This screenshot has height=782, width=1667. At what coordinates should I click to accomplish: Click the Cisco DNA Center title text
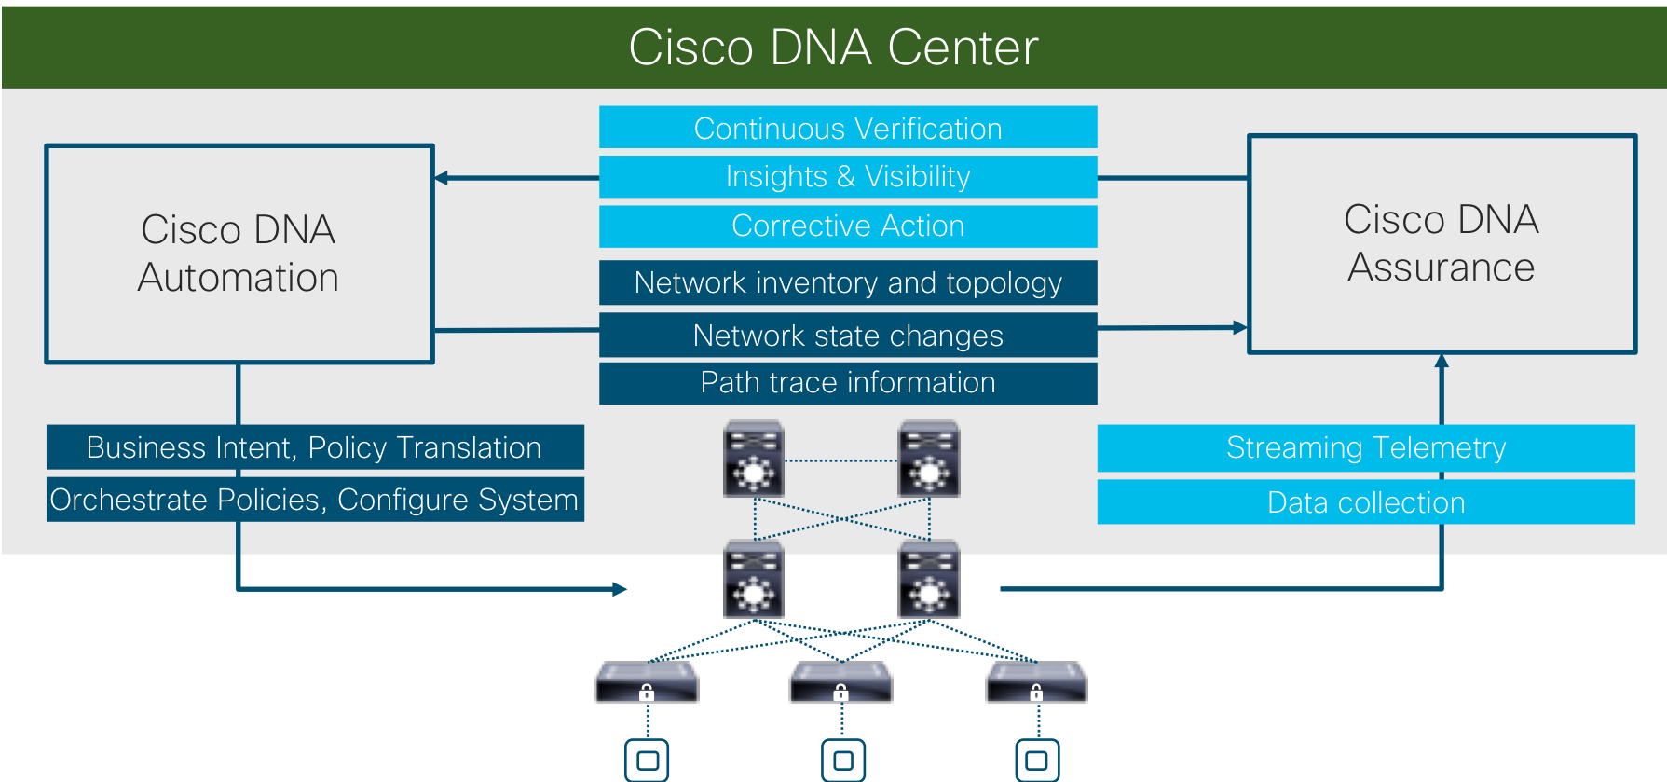coord(833,48)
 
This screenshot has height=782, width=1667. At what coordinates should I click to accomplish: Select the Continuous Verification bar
coord(848,128)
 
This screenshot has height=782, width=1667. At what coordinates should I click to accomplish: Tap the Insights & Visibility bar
coord(848,176)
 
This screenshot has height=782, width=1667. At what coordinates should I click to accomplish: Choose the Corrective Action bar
coord(848,226)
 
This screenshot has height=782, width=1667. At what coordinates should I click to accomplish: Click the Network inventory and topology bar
coord(848,282)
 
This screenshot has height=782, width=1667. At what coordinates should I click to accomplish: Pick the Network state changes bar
coord(848,336)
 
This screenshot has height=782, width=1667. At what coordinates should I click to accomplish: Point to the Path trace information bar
coord(848,383)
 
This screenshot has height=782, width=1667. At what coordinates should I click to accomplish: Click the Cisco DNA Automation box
coord(239,254)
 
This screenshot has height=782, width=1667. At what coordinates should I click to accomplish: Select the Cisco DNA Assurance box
coord(1442,244)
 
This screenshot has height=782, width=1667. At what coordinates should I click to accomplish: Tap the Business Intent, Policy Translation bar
coord(315,447)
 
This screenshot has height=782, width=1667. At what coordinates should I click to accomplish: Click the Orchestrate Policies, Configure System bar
coord(315,500)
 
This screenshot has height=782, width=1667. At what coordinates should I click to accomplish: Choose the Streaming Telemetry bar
coord(1366,447)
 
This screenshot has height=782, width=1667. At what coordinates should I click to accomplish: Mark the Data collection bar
coord(1366,502)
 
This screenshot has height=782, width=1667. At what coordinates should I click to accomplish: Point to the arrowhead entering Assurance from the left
coord(1239,327)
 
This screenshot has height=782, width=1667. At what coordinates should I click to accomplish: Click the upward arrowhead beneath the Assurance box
coord(1442,362)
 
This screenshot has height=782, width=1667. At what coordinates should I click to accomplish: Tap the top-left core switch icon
coord(754,459)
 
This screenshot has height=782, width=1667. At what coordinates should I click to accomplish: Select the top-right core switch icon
coord(929,459)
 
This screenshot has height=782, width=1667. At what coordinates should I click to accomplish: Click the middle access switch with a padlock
coord(841,683)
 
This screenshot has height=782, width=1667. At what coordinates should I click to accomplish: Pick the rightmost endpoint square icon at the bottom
coord(1037,761)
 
